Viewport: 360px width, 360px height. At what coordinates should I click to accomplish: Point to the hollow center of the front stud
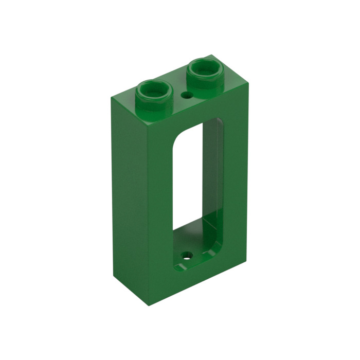tap(155, 89)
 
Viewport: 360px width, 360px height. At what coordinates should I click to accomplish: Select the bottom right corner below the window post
tap(246, 256)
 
